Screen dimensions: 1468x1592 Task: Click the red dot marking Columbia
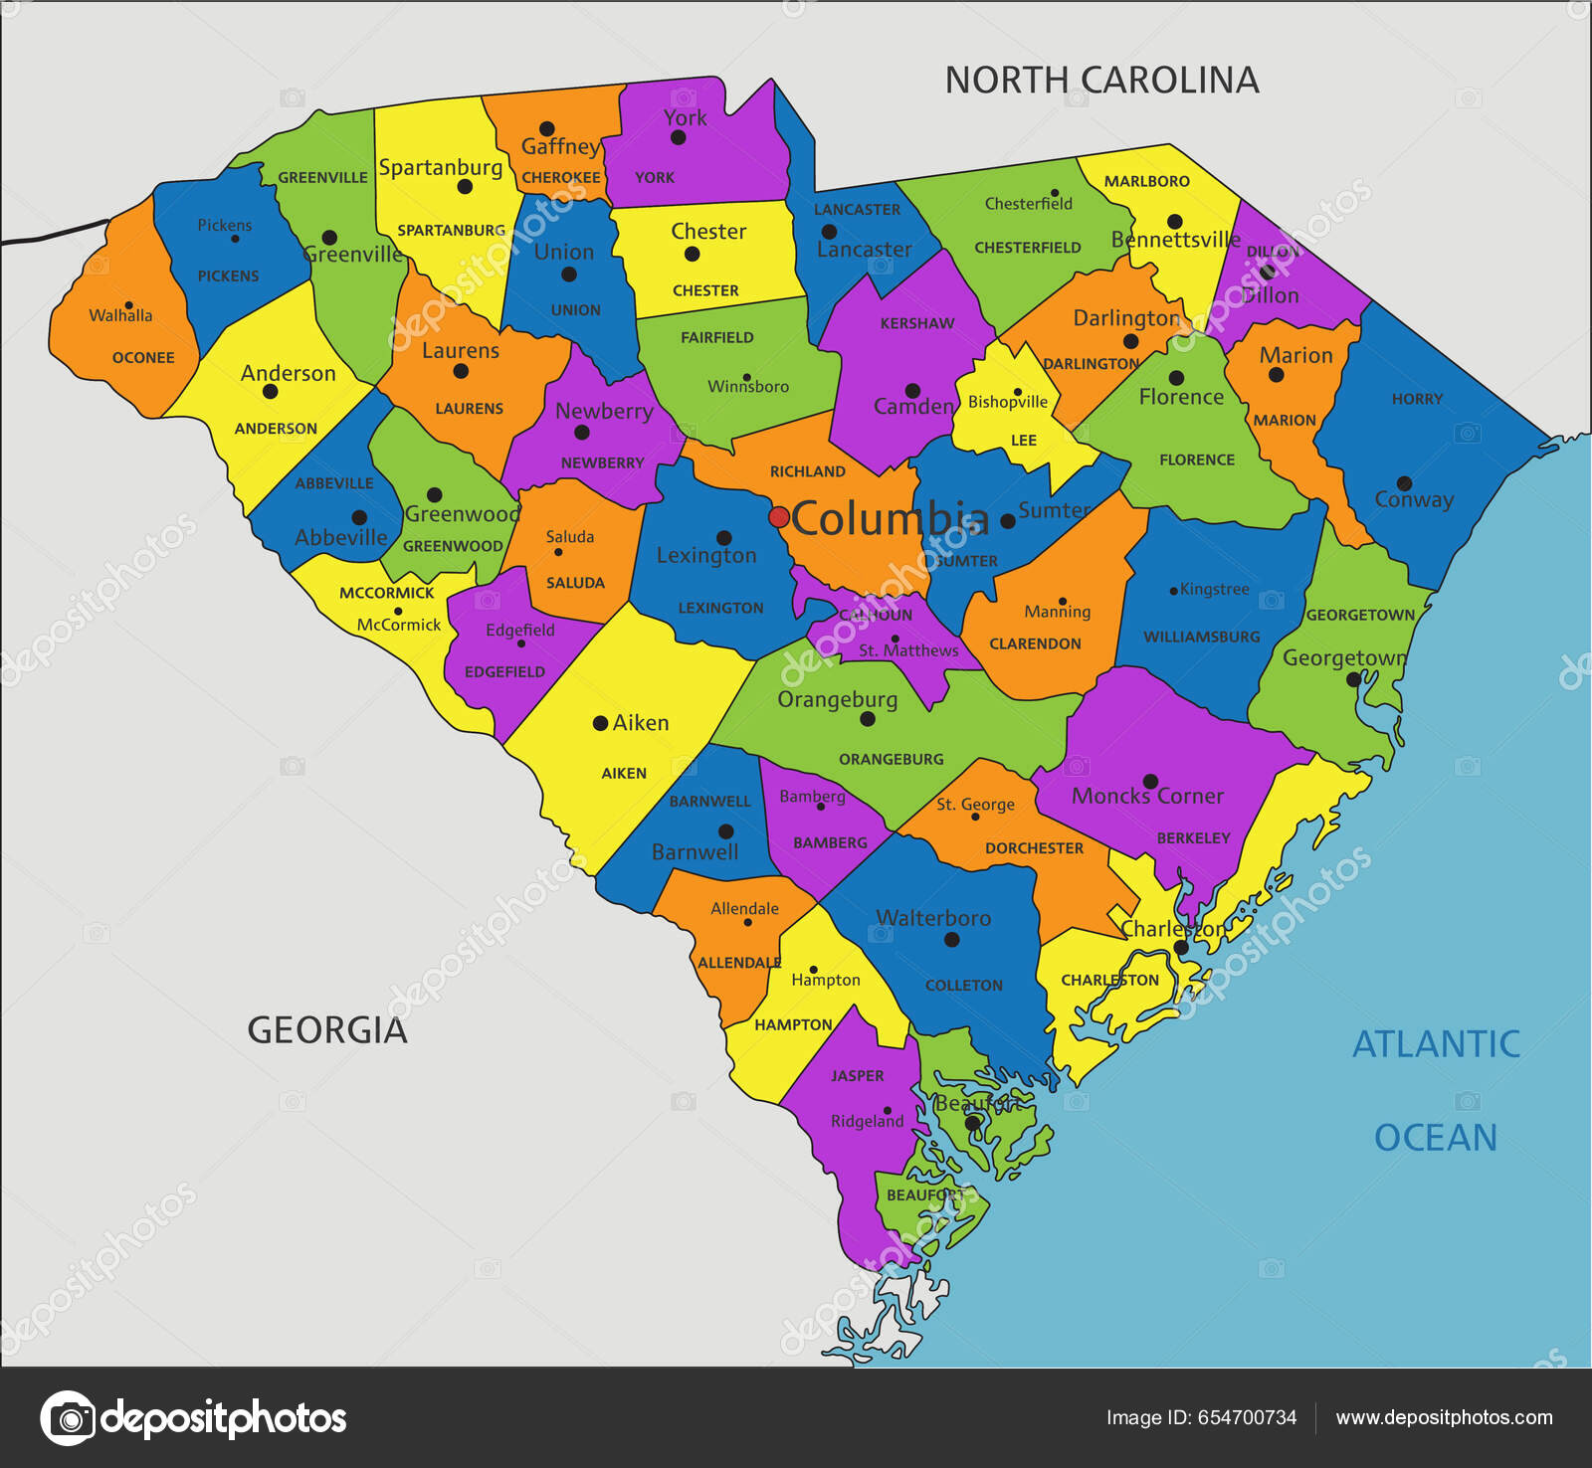click(779, 517)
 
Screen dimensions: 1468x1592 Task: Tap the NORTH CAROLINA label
click(1101, 80)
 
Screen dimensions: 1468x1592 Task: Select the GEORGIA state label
click(327, 1030)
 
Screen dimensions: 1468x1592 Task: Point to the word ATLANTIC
click(1436, 1044)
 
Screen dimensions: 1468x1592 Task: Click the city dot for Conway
click(1404, 484)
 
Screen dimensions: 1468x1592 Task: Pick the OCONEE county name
click(143, 357)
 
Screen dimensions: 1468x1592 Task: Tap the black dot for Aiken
click(600, 723)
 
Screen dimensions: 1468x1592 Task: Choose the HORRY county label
click(1417, 399)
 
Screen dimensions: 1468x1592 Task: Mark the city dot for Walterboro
click(952, 939)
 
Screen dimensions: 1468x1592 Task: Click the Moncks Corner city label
click(1147, 796)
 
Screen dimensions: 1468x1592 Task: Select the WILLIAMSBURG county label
click(1201, 637)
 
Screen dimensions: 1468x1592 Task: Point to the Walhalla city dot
click(128, 305)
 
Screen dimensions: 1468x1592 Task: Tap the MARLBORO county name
click(1146, 181)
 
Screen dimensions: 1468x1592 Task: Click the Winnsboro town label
click(748, 386)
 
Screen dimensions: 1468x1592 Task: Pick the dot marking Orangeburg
click(867, 718)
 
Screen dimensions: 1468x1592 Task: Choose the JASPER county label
click(857, 1075)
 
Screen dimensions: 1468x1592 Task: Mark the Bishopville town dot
click(1017, 392)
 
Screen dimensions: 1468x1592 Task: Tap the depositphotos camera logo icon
click(69, 1417)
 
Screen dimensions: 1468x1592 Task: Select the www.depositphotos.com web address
click(1444, 1417)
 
